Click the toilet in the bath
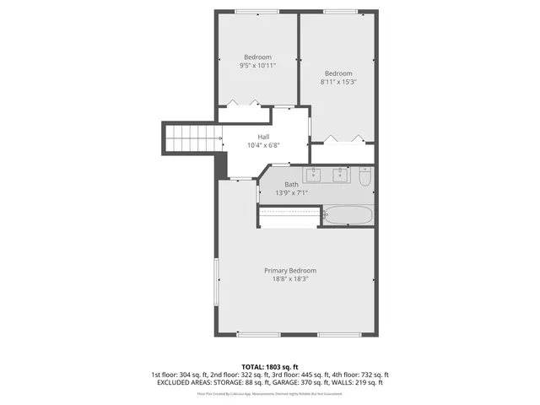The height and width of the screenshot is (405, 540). click(x=364, y=177)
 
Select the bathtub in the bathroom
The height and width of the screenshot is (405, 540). click(x=348, y=216)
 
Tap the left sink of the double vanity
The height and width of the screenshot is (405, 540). click(x=313, y=175)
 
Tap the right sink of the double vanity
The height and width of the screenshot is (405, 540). click(x=340, y=175)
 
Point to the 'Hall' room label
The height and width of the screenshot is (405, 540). click(x=263, y=137)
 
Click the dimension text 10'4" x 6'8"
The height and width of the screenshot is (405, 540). click(x=263, y=145)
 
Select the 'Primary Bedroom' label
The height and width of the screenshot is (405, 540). click(x=290, y=270)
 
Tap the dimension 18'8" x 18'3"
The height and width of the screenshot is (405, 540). click(x=290, y=279)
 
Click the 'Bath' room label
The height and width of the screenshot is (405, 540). click(x=291, y=184)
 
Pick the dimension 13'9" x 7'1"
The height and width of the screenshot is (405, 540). click(x=291, y=193)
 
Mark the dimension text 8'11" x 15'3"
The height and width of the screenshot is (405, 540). click(x=337, y=82)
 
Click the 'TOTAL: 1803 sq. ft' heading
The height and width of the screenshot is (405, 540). click(x=270, y=366)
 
